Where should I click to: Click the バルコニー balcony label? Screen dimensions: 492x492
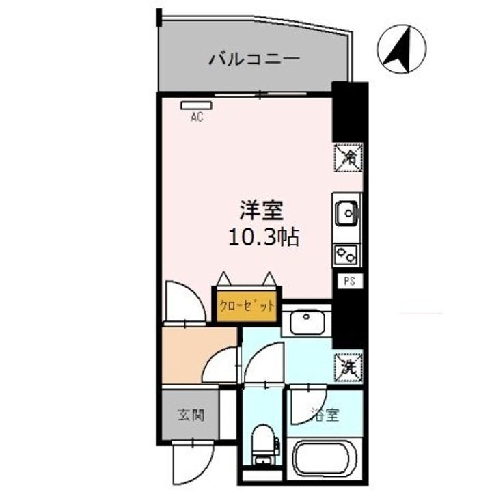point(254,59)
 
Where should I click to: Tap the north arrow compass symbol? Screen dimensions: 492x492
point(401,49)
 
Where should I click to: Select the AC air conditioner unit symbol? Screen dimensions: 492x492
point(197,106)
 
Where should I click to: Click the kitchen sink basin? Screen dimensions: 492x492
point(347,213)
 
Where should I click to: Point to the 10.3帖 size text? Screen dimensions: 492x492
point(264,238)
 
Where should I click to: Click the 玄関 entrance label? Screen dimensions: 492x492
point(189,415)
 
